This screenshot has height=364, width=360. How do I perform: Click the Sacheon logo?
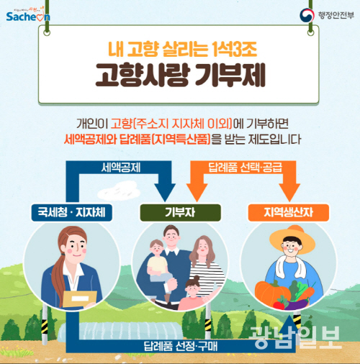click(28, 14)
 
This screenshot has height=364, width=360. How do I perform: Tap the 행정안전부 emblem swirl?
click(307, 15)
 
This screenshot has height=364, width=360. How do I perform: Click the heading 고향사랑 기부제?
click(180, 75)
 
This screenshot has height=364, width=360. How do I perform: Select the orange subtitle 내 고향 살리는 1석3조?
click(182, 49)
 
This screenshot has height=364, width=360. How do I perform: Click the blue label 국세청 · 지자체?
click(71, 212)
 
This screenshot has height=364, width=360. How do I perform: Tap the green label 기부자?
click(180, 212)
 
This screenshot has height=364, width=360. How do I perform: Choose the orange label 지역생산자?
click(289, 212)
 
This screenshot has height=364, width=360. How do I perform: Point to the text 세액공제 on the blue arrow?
click(121, 168)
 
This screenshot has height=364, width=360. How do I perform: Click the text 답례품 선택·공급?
click(245, 167)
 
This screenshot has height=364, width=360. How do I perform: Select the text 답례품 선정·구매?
click(180, 346)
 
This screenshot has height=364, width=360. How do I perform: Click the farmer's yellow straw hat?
click(292, 239)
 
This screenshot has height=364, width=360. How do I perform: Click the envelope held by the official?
click(80, 299)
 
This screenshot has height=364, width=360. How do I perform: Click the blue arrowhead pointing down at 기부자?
click(165, 192)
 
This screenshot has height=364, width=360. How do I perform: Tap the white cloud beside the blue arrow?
click(119, 191)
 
